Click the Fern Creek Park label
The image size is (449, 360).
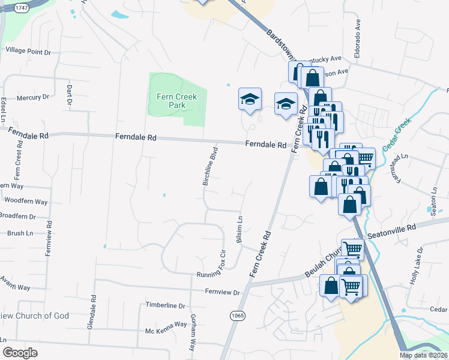177,101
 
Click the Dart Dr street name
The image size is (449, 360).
69,95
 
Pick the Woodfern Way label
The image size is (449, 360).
25,202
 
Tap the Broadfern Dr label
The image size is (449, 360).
18,216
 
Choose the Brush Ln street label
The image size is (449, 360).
20,233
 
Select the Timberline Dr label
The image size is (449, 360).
166,305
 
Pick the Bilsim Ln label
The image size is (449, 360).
240,230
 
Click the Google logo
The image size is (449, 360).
20,352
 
